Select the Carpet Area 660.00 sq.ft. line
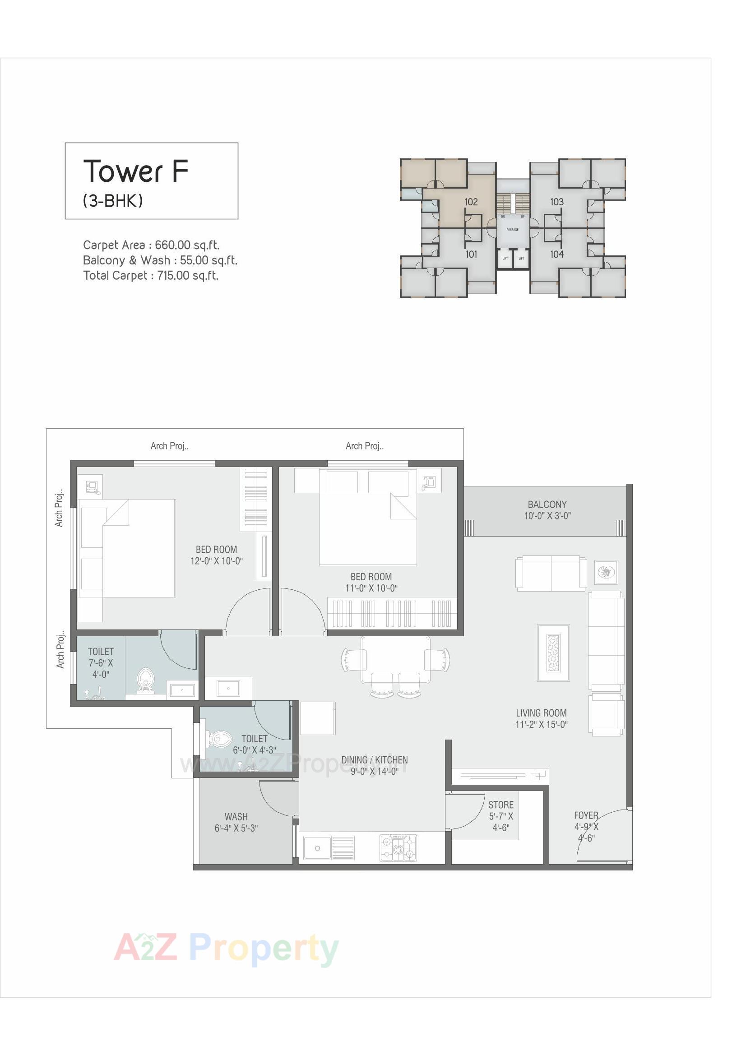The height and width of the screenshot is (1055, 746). point(151,245)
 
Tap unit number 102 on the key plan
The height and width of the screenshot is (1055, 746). point(471,202)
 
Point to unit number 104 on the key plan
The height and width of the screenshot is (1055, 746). point(556,254)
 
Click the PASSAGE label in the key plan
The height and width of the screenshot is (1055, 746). point(512,230)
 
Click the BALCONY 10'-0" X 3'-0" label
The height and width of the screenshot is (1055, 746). point(547,510)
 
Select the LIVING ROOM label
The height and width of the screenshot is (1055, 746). point(541,713)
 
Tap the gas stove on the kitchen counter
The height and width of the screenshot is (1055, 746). point(398,848)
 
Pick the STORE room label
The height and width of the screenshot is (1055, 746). point(500,805)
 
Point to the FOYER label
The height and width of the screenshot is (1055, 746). point(586,815)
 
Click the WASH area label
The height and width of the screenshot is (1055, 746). point(236,817)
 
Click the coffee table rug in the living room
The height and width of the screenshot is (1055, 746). point(553,652)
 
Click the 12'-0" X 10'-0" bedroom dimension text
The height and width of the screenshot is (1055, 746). point(217,561)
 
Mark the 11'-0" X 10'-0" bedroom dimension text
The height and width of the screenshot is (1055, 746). point(371,588)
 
